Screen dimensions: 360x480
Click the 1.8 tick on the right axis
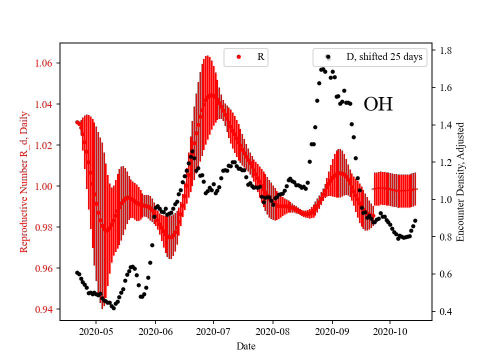(x=445, y=50)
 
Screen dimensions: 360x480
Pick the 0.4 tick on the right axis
(x=445, y=311)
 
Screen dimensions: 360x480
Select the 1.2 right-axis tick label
(x=445, y=162)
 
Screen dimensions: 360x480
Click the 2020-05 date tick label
(x=96, y=331)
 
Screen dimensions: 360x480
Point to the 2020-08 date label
(x=273, y=331)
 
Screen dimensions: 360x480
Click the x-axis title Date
(x=245, y=345)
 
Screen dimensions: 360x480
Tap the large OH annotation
(x=378, y=104)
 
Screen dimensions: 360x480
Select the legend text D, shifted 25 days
(x=384, y=57)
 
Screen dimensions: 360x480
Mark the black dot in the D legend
(x=328, y=57)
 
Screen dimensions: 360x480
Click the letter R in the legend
(x=260, y=57)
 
